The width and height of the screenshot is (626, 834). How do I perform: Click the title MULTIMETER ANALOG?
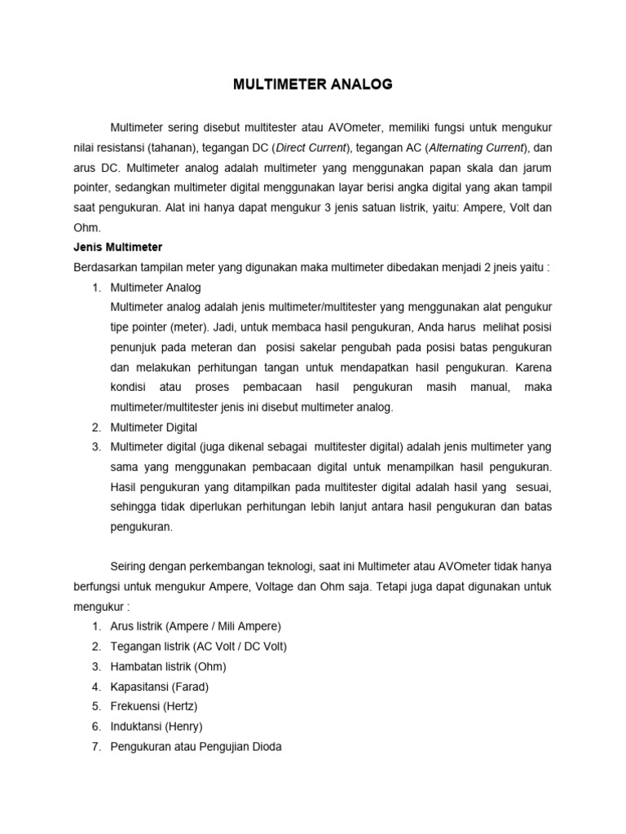[313, 84]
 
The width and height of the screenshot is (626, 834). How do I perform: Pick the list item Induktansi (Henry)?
[156, 726]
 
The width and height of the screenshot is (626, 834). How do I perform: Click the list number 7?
[95, 746]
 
